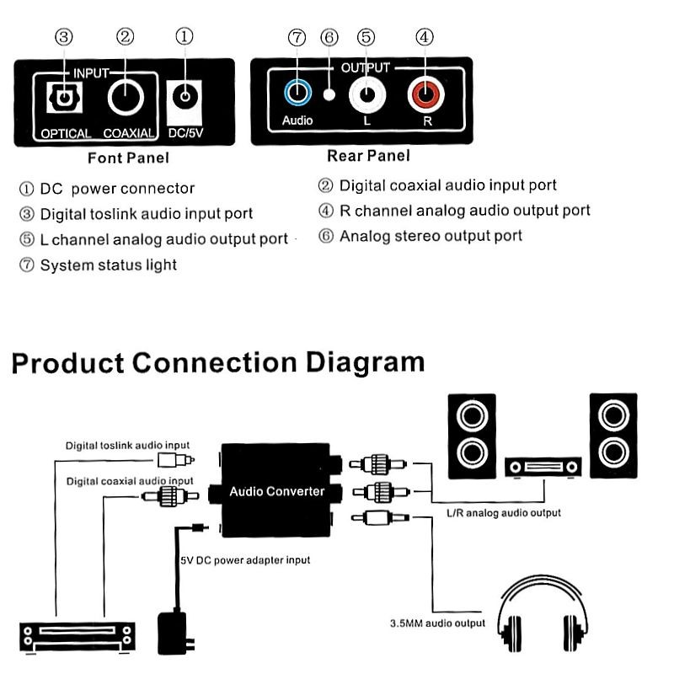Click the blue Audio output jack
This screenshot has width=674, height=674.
[x=297, y=92]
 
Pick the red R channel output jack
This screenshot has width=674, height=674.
[x=425, y=93]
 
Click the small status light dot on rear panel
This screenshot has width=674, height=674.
[x=330, y=94]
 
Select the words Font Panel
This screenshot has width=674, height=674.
[x=128, y=158]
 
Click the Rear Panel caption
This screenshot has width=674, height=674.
[x=368, y=156]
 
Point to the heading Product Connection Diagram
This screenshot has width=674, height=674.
[x=217, y=362]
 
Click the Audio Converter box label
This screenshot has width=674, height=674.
[x=279, y=491]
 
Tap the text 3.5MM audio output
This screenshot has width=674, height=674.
[x=437, y=623]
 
